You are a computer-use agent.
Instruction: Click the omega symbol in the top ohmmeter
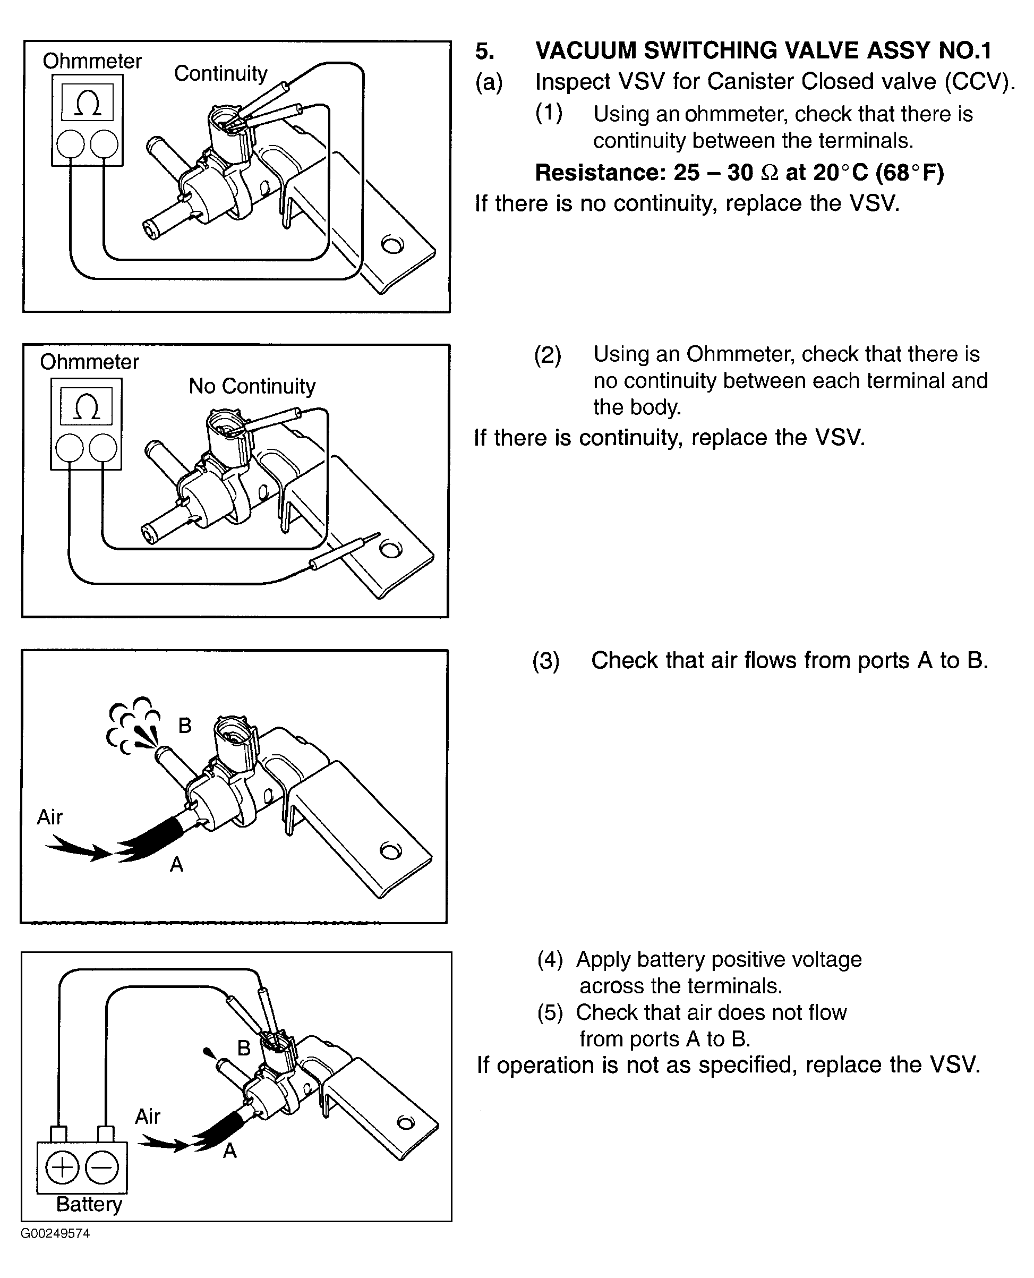(88, 103)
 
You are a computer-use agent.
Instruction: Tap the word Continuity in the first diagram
(221, 73)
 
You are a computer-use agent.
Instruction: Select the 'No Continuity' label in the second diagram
(252, 386)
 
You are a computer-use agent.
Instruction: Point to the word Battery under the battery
(89, 1204)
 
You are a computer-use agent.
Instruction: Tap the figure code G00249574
(55, 1233)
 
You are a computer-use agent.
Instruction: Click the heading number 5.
(484, 51)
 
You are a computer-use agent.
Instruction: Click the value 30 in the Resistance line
(740, 173)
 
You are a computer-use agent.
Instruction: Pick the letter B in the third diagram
(185, 726)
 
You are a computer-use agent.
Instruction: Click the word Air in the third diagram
(49, 817)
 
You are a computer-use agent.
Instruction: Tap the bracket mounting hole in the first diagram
(392, 244)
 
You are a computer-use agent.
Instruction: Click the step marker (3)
(545, 661)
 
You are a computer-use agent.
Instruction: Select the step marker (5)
(550, 1013)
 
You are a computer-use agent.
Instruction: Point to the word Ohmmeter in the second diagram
(89, 362)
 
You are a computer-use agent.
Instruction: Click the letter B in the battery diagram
(244, 1048)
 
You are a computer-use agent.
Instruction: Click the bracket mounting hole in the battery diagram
(406, 1123)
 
